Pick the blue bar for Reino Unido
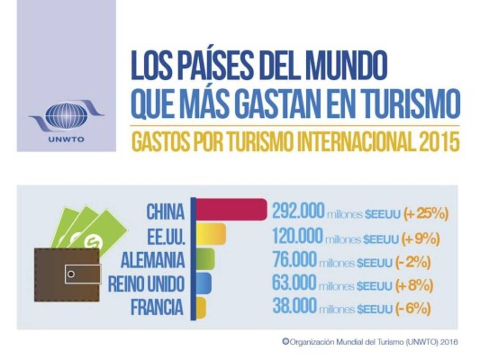click(204, 282)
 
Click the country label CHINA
click(165, 212)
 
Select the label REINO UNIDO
click(146, 284)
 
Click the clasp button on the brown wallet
click(71, 274)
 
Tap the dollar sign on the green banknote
click(94, 242)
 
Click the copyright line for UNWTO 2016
click(370, 342)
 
